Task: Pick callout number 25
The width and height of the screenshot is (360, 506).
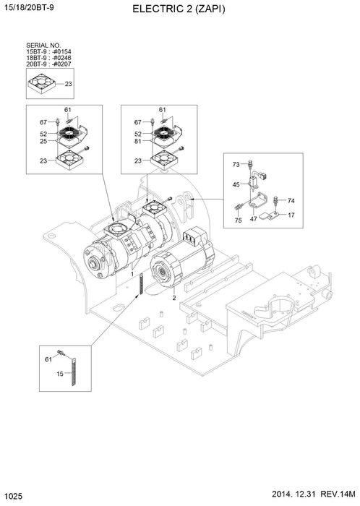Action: pyautogui.click(x=43, y=142)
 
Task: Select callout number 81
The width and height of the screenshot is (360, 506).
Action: pyautogui.click(x=137, y=142)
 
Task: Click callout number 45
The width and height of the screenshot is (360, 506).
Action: pyautogui.click(x=236, y=185)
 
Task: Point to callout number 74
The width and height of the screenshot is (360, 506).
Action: pyautogui.click(x=291, y=200)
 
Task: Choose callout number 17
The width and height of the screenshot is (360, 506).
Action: pyautogui.click(x=291, y=215)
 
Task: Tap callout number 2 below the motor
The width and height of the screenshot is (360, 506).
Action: pyautogui.click(x=173, y=297)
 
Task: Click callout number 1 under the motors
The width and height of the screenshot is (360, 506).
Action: pyautogui.click(x=132, y=275)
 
